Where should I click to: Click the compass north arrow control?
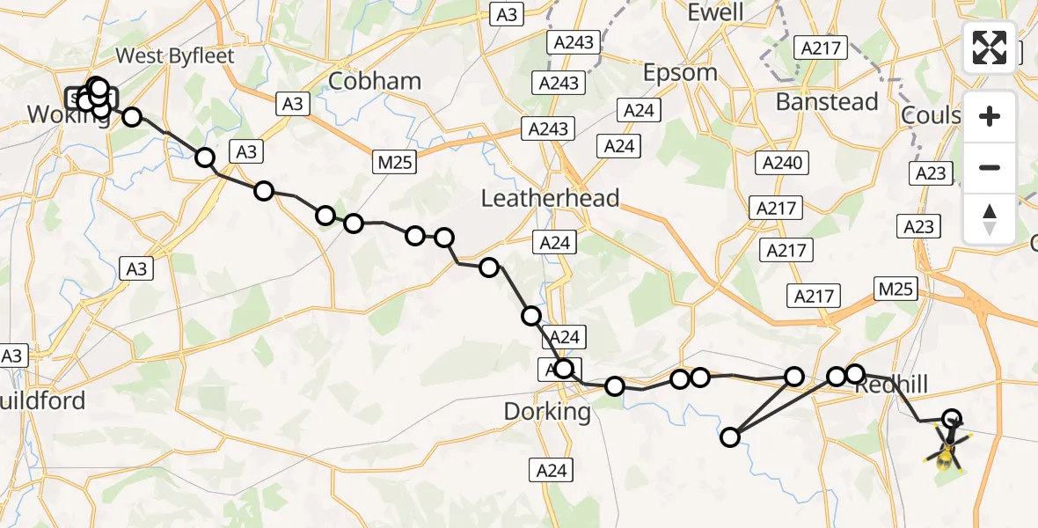(x=990, y=219)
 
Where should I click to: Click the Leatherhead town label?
(x=550, y=198)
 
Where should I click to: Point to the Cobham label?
(x=374, y=82)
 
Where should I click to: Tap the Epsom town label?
(x=680, y=73)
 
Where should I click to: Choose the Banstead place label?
(x=827, y=102)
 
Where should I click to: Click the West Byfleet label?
(x=175, y=56)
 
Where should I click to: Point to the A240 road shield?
(x=780, y=163)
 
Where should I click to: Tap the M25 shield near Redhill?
(x=896, y=288)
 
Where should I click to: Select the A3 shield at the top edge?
(x=508, y=14)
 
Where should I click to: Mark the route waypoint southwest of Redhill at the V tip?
(x=730, y=437)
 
